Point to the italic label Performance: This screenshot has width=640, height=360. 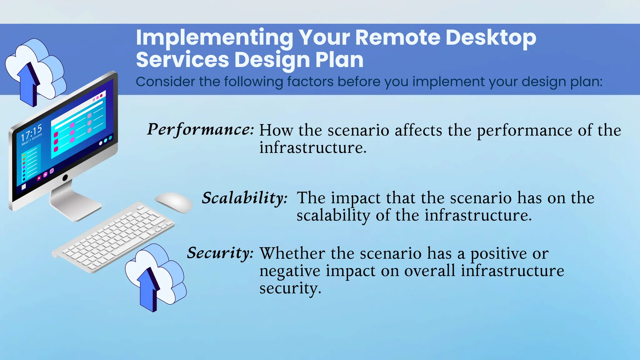(x=200, y=129)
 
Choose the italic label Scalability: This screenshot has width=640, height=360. (x=244, y=198)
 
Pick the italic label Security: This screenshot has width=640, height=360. (x=220, y=253)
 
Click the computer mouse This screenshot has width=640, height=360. (x=174, y=202)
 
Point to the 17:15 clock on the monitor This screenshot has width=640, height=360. (x=31, y=132)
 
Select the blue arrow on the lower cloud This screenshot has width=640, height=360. (x=148, y=289)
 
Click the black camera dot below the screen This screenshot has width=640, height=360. (x=65, y=178)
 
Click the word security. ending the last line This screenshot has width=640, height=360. (x=290, y=288)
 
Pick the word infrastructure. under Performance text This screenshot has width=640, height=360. (x=313, y=148)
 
